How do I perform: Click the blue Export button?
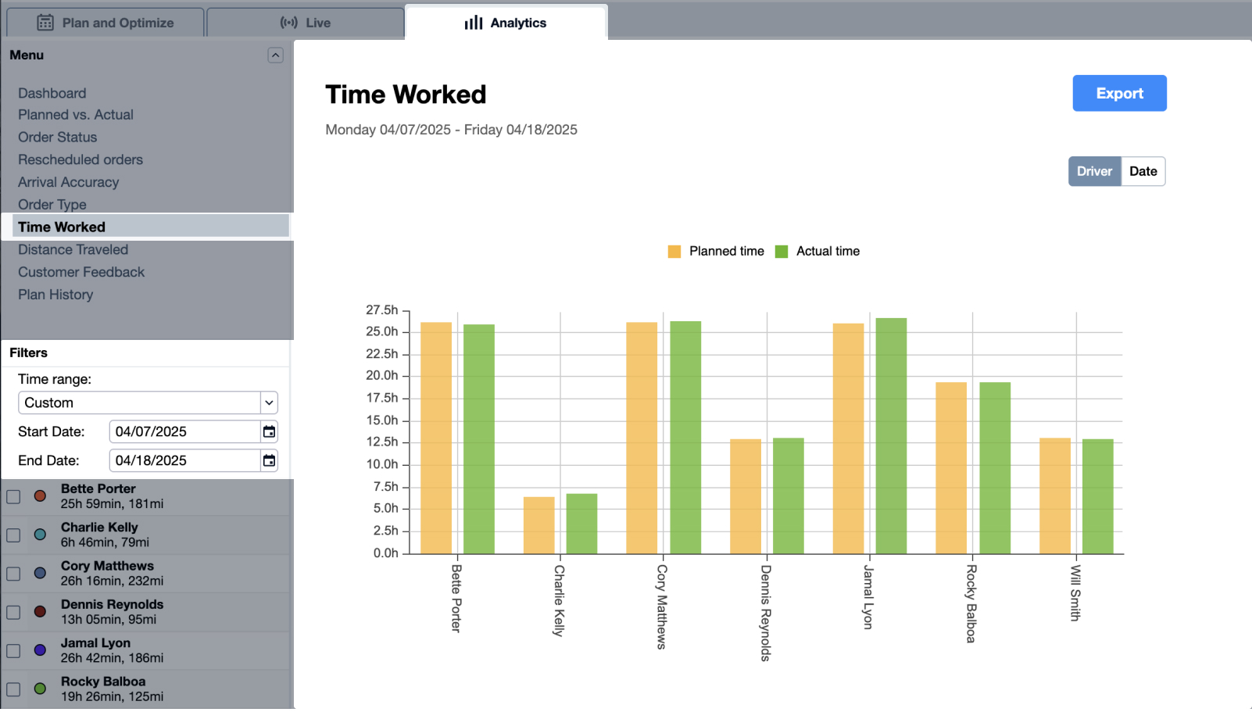point(1118,93)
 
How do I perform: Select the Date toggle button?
point(1142,171)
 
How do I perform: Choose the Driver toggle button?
point(1093,171)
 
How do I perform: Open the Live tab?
point(306,23)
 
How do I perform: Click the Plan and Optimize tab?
point(106,23)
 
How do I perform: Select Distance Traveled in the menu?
point(73,249)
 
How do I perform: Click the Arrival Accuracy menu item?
point(68,182)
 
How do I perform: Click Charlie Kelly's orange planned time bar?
point(538,525)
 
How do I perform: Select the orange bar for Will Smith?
point(1054,496)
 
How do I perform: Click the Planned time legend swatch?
point(674,252)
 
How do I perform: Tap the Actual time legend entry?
point(827,252)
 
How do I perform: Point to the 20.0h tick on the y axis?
point(382,376)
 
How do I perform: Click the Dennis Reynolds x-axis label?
point(766,613)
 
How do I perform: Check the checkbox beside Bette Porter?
point(13,496)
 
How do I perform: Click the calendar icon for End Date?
point(269,460)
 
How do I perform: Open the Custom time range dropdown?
point(148,403)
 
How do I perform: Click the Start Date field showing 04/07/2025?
point(184,431)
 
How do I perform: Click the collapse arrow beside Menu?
point(275,55)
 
